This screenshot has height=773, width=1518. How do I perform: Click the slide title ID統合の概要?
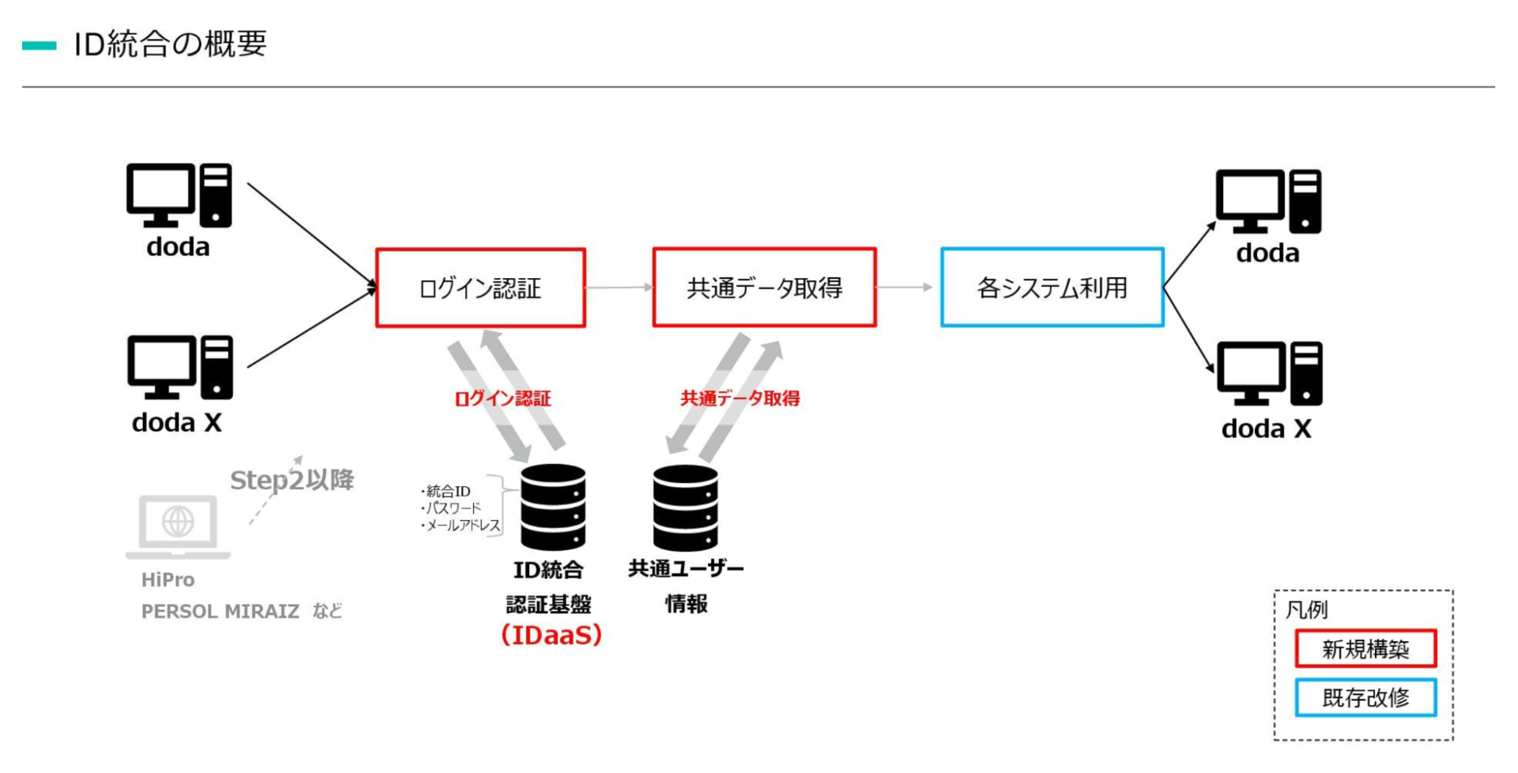(170, 44)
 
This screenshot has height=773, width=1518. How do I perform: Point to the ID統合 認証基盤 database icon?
(553, 507)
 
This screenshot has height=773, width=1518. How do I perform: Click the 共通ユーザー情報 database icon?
(685, 507)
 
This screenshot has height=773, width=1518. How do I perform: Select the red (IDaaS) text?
(551, 635)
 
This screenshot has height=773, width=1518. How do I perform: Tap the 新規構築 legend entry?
(1365, 648)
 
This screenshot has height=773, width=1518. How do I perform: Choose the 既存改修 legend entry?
(1365, 697)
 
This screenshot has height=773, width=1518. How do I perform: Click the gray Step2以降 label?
(292, 480)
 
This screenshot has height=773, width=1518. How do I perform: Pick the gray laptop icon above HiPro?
(178, 527)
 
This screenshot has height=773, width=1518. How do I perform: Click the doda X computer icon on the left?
(180, 367)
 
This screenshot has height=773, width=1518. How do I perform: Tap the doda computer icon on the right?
(1268, 201)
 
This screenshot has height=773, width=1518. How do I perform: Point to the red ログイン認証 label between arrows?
(503, 399)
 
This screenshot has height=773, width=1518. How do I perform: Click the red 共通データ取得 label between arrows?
(740, 398)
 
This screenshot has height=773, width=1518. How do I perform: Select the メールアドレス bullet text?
(460, 525)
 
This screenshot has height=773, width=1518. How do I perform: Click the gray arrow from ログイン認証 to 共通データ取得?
(620, 287)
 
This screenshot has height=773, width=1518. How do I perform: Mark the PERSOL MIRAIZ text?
(220, 611)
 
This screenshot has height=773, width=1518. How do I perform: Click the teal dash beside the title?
(39, 46)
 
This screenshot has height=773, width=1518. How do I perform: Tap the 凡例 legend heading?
(1307, 610)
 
